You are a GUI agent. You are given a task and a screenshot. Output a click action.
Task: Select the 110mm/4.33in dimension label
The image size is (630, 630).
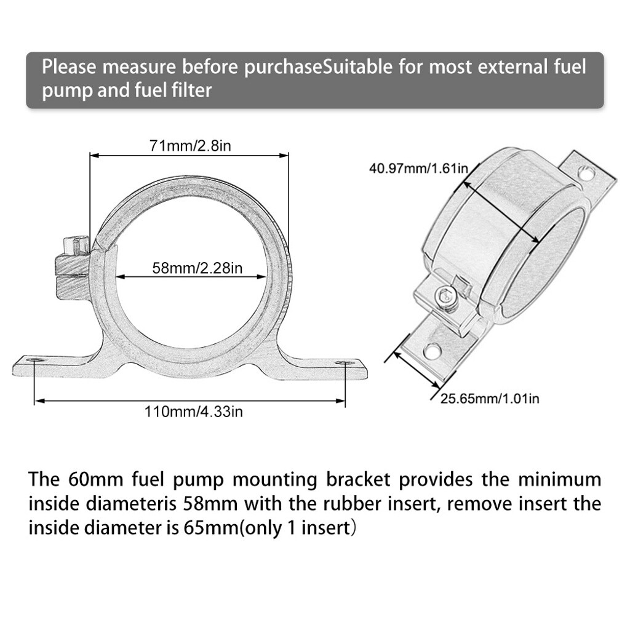pos(193,412)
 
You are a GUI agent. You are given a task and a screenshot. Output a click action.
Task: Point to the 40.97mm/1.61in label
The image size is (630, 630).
pos(419,167)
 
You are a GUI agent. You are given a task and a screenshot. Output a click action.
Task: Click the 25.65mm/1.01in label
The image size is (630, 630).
pos(489,398)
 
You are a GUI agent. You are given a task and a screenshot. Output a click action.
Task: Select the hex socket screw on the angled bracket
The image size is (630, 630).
pos(445,295)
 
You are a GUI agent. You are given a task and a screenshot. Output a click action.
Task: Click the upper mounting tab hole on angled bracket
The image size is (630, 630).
pos(586,173)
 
